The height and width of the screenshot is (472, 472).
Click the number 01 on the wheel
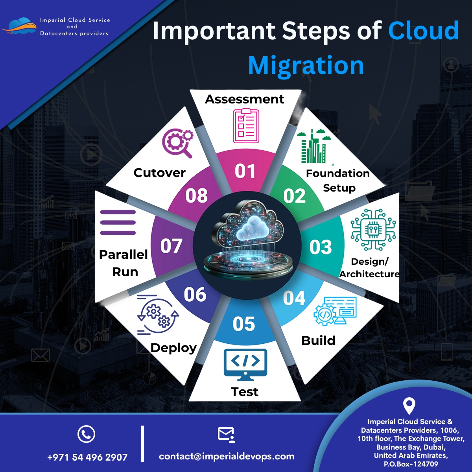coord(245,171)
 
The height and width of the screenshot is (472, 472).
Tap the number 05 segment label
coord(243,324)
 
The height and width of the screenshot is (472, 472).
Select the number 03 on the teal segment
coord(321,247)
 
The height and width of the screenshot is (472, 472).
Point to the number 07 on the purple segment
coord(171,246)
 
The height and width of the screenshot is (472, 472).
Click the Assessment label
coord(244,99)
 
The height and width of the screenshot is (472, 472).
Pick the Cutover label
coord(159,173)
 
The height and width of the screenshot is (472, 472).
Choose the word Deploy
coord(173,348)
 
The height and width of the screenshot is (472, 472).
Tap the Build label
coord(318,341)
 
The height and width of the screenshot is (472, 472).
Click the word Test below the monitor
coord(244,392)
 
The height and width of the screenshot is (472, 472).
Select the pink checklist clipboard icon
coord(246,126)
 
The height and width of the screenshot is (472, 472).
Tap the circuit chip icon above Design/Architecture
coord(373,230)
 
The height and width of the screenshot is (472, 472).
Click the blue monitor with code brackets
coord(245,364)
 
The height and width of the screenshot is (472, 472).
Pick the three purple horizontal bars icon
coord(118,222)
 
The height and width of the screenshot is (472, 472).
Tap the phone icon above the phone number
coord(86,434)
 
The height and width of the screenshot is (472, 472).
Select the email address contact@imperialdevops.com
coord(227,456)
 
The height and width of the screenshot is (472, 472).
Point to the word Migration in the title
coord(306,65)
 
